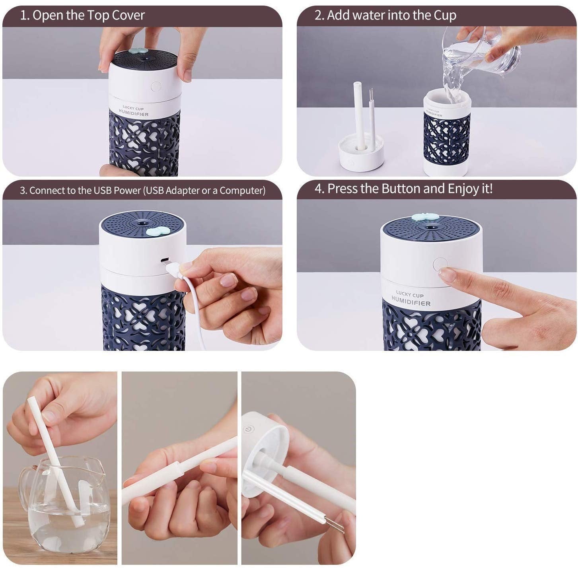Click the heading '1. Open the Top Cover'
click(x=82, y=16)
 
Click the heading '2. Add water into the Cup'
click(x=385, y=16)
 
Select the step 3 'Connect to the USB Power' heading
click(x=142, y=191)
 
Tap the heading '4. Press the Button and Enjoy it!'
click(x=403, y=189)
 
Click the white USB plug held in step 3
click(x=174, y=270)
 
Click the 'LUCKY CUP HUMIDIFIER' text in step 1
click(x=134, y=111)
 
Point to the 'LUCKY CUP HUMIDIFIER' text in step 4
click(x=411, y=299)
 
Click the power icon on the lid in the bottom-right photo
click(x=249, y=430)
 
